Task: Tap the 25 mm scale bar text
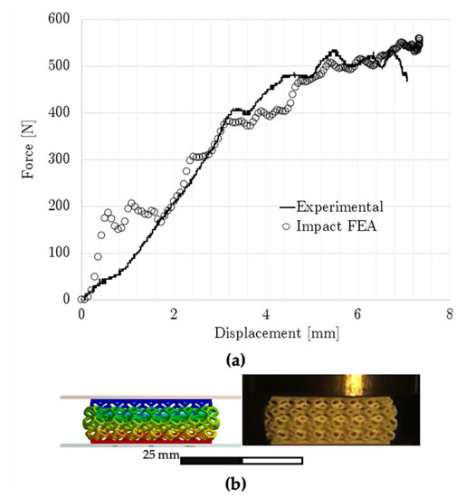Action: click(x=160, y=455)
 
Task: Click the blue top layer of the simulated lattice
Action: click(x=149, y=402)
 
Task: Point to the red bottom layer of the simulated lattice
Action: click(x=149, y=441)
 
